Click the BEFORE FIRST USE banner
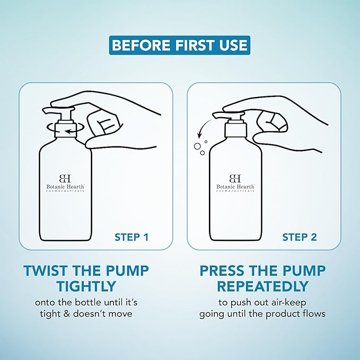pos(180,45)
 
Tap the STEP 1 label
pos(131,238)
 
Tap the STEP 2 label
pos(300,238)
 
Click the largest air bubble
pos(197,146)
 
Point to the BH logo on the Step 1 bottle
pos(65,178)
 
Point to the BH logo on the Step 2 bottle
pos(235,178)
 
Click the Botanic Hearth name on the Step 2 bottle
pos(235,187)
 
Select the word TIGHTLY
pos(86,286)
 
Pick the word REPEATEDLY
pos(262,286)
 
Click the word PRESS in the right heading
pos(223,270)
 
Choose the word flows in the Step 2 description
pos(314,314)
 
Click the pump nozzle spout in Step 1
pos(50,111)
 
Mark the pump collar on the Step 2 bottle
pos(236,130)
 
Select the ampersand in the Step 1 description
pos(67,314)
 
